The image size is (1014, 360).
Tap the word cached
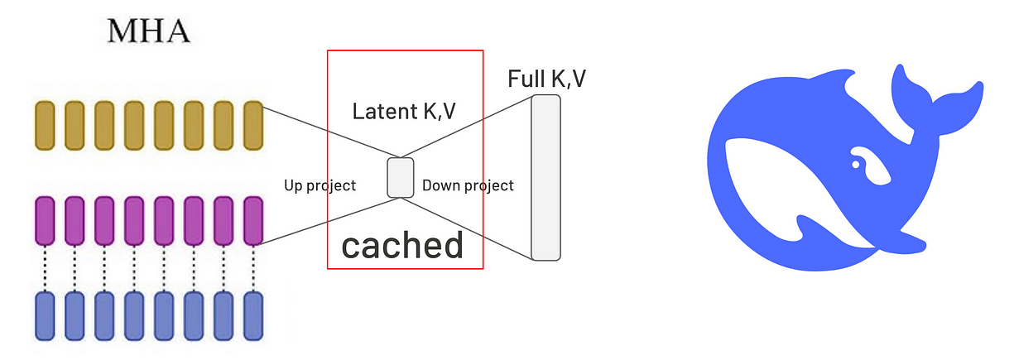click(402, 245)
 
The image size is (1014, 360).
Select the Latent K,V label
click(403, 111)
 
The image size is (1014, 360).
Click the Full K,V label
click(547, 79)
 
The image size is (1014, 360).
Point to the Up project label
click(320, 185)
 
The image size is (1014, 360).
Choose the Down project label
click(468, 185)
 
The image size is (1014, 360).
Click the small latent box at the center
click(401, 178)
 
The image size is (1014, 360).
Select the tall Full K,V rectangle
click(546, 178)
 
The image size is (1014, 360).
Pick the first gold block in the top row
click(45, 125)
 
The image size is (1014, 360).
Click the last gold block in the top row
click(253, 125)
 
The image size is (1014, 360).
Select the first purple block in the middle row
click(45, 220)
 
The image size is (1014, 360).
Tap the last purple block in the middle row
click(253, 220)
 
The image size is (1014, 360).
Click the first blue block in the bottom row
click(45, 314)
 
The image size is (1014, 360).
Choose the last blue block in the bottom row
click(253, 314)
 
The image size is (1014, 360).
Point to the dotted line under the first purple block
click(45, 267)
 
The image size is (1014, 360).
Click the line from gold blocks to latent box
click(331, 132)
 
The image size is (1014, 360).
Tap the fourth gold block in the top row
click(134, 125)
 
